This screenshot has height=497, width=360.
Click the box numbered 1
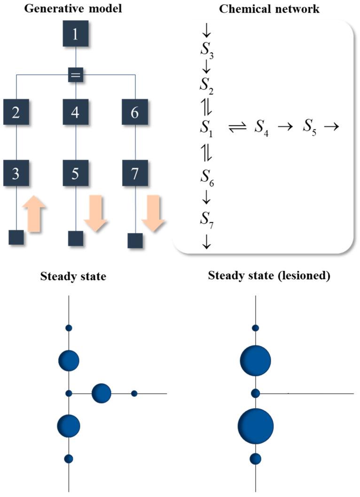pos(76,35)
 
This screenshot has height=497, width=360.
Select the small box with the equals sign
pos(76,75)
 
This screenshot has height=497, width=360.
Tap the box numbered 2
pos(16,112)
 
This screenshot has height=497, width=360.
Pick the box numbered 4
pos(76,112)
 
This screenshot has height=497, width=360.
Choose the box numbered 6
pos(135,112)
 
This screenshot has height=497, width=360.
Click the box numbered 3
pos(16,174)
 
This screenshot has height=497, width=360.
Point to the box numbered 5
pos(76,174)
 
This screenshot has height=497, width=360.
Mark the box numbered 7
pos(135,174)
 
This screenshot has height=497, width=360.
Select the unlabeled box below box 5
pos(76,238)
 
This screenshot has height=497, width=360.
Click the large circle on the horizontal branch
pos(102,393)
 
